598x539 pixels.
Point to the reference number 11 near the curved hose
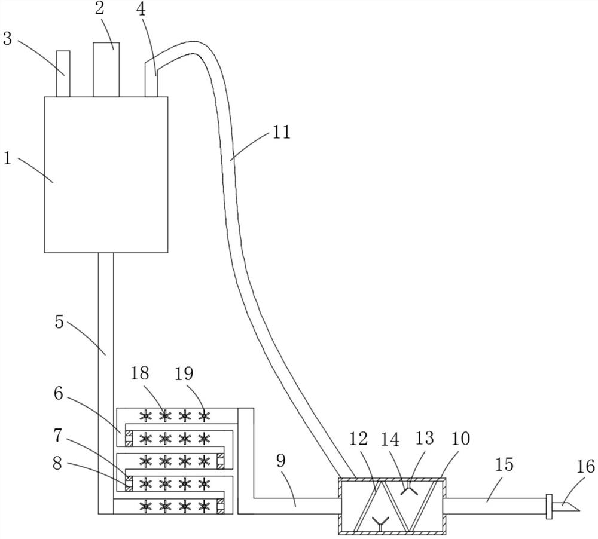point(281,132)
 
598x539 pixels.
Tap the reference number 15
point(504,464)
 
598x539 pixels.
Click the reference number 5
point(59,321)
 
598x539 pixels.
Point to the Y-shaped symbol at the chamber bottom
point(377,524)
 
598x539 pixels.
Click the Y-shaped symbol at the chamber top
point(410,490)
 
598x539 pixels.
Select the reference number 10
point(460,439)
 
